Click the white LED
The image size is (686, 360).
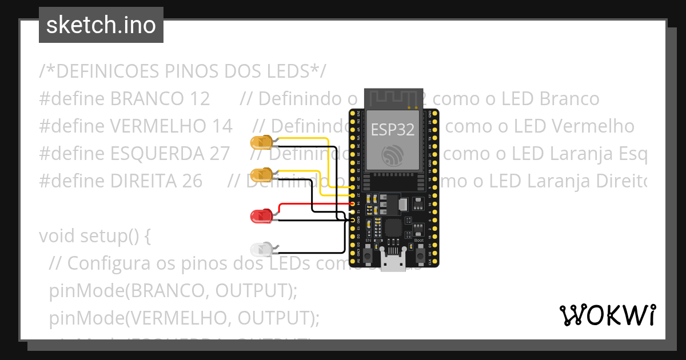pyautogui.click(x=261, y=249)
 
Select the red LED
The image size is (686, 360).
pyautogui.click(x=261, y=216)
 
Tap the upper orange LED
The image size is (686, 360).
pyautogui.click(x=261, y=142)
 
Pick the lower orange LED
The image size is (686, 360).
pyautogui.click(x=261, y=174)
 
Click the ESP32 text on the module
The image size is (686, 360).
pyautogui.click(x=392, y=130)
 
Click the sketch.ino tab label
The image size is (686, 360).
pyautogui.click(x=101, y=25)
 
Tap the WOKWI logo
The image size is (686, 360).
pyautogui.click(x=607, y=315)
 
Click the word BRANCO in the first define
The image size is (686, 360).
pyautogui.click(x=146, y=99)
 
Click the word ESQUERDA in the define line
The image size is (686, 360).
pyautogui.click(x=155, y=153)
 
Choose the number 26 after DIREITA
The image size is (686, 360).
pyautogui.click(x=190, y=181)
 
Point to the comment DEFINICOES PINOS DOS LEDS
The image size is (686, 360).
pyautogui.click(x=183, y=71)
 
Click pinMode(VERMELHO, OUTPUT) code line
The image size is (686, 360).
pyautogui.click(x=184, y=317)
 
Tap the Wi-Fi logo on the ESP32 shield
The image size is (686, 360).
pyautogui.click(x=393, y=154)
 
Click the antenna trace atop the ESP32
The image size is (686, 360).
pyautogui.click(x=394, y=98)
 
